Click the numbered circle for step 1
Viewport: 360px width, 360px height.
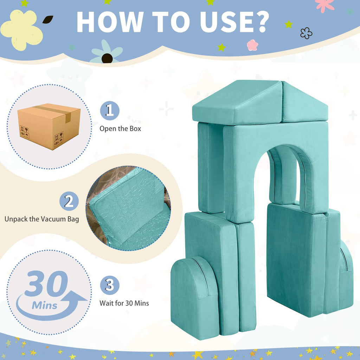pyautogui.click(x=110, y=111)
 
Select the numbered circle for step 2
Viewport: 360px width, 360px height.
pyautogui.click(x=69, y=201)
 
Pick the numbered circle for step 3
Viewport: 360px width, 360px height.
pyautogui.click(x=110, y=285)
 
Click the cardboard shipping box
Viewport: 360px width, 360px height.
pyautogui.click(x=49, y=126)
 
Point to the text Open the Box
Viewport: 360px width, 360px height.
pyautogui.click(x=120, y=129)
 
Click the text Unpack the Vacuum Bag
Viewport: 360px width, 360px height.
pyautogui.click(x=42, y=219)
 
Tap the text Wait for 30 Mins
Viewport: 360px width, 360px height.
pyautogui.click(x=124, y=303)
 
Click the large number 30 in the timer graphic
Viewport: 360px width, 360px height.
pyautogui.click(x=47, y=283)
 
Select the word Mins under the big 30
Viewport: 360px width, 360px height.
pyautogui.click(x=45, y=306)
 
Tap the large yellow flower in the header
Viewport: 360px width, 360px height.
pyautogui.click(x=21, y=30)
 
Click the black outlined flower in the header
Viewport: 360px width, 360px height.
pyautogui.click(x=306, y=33)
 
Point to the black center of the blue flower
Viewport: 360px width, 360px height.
pyautogui.click(x=107, y=58)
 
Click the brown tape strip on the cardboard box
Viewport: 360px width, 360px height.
pyautogui.click(x=55, y=112)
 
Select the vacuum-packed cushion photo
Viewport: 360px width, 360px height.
pyautogui.click(x=129, y=208)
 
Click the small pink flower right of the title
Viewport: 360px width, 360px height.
pyautogui.click(x=252, y=45)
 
